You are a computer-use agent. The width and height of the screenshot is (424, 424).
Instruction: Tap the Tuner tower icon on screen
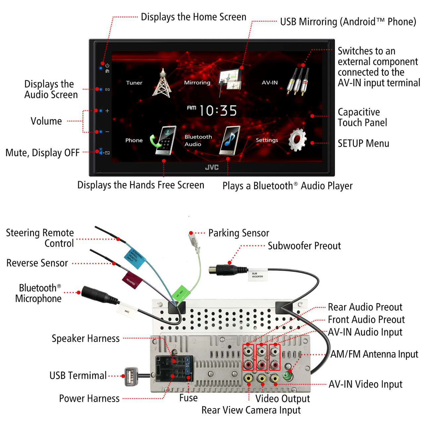162,83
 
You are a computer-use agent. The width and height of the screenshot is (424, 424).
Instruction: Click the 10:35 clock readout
218,111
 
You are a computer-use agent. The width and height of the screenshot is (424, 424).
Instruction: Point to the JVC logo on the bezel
212,167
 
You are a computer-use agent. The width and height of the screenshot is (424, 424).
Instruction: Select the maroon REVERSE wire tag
132,280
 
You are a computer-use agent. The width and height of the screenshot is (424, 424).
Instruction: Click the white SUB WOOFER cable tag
257,275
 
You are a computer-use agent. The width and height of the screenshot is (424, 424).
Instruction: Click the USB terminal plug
131,376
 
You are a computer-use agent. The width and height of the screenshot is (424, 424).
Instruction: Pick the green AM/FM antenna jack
288,375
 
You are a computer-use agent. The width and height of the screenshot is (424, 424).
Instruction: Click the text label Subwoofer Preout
304,246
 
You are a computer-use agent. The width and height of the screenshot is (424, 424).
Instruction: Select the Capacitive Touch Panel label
362,117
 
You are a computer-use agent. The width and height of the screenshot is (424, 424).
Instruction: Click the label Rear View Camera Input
251,410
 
